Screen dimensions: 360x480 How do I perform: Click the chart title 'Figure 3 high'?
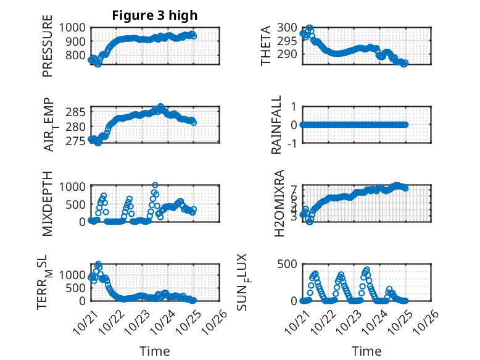(x=155, y=15)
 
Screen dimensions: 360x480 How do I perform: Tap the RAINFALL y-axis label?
(x=277, y=125)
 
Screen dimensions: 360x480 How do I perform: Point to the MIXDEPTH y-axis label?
(x=48, y=203)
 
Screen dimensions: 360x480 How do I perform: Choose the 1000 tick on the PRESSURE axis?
(x=75, y=27)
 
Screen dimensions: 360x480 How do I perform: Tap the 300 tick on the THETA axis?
(x=288, y=27)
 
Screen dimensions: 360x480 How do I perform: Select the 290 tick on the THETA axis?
(x=288, y=54)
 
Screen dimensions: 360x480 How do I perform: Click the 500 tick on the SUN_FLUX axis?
(x=288, y=264)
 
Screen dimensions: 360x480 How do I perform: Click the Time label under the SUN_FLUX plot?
(x=366, y=351)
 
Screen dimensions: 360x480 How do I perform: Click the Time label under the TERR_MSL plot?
(x=155, y=351)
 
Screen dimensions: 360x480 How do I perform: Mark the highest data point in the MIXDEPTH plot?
(x=155, y=185)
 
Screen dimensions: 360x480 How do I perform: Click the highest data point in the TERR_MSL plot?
(x=98, y=264)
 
